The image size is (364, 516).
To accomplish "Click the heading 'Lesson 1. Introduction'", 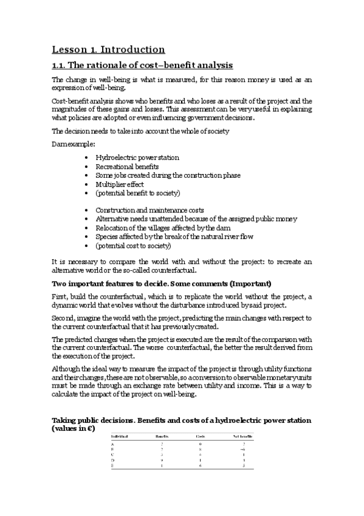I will click(108, 49).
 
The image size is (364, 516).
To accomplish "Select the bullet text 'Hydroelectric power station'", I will click(137, 158).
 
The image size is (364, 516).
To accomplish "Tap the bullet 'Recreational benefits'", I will click(127, 166).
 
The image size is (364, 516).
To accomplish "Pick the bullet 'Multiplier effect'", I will click(120, 184).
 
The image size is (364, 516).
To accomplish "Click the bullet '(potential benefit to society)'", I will click(138, 193).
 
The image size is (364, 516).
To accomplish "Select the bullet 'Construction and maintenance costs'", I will click(149, 210).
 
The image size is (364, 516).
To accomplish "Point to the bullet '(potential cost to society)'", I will click(133, 246).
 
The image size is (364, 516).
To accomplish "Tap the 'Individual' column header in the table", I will click(122, 437).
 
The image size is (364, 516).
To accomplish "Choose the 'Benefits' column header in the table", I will click(161, 437).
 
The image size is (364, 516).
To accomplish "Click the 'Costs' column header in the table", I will click(201, 437).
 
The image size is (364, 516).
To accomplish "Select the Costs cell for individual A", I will click(201, 445).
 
